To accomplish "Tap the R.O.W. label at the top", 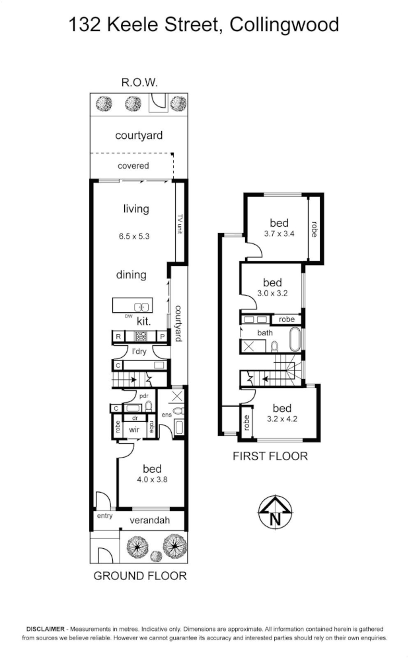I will coord(139,83).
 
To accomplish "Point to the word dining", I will coord(131,274).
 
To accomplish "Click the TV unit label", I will coord(179,224).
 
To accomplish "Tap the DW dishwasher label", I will coord(128,316).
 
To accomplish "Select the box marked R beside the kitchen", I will coord(118,337).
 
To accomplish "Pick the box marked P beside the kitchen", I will coord(161,337).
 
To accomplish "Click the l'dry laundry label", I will coord(139,350).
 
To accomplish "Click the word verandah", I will coord(149,520).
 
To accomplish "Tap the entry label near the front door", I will coord(104,515).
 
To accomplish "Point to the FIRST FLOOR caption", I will coord(270,456).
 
